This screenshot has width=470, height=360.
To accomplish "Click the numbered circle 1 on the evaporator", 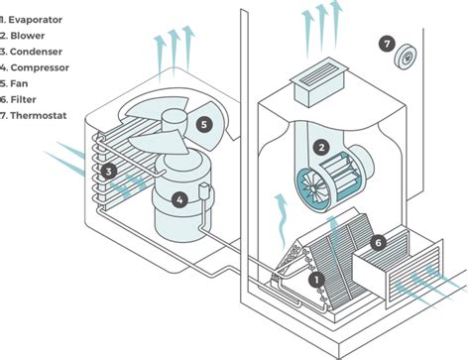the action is tap(317, 280).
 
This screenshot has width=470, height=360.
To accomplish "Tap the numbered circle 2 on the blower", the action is tap(321, 148).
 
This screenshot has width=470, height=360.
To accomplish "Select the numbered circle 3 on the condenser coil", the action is tap(109, 172).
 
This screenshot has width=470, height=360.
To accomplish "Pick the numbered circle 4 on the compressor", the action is tap(179, 200).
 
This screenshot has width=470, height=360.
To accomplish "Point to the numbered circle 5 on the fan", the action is tap(204, 125).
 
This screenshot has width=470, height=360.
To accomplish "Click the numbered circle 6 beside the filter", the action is tap(379, 243).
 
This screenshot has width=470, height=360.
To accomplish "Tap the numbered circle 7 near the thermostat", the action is tap(387, 44).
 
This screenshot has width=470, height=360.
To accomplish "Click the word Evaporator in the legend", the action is tap(36, 20).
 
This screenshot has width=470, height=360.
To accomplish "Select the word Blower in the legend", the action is tap(28, 36).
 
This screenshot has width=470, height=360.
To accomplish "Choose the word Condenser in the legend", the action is tap(36, 52).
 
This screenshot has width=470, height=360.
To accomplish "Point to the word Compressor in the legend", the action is tap(40, 67).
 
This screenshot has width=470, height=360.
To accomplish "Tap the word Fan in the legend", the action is tap(19, 83).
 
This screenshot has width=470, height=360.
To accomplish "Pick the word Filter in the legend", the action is tap(23, 99).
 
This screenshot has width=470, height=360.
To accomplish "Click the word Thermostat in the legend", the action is tap(39, 116).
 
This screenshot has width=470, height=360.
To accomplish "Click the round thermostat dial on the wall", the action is tap(405, 58).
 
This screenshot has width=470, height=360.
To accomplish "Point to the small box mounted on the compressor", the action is tap(204, 191).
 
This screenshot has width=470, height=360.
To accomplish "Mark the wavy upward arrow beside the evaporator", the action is tap(282, 220).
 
